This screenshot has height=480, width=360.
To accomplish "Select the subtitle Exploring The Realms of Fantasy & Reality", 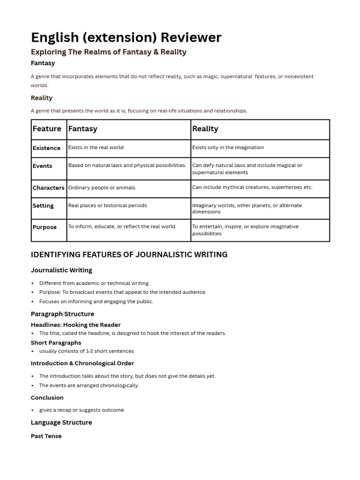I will pos(108,52).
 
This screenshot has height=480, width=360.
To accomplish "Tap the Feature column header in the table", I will pos(47,129).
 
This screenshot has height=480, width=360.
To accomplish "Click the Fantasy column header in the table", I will pos(83,129).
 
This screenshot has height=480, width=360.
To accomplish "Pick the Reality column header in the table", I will pos(205,129).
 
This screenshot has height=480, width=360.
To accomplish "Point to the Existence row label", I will pos(46,148).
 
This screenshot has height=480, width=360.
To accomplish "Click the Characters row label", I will pos(48,187).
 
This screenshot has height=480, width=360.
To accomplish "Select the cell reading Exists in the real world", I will pos(96,147).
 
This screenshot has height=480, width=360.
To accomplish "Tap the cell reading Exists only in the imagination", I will pos(228,147).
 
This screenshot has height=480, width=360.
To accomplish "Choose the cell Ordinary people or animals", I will pos(102,187).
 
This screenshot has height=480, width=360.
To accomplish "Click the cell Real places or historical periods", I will pos(108,205).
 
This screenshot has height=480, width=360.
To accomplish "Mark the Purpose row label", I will pos(45,227).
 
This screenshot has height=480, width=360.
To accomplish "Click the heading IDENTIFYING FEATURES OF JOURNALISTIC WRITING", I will pos(129,255).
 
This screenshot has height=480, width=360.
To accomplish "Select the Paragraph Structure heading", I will pos(62,314).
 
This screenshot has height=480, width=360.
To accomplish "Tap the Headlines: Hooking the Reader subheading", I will pos(75,325).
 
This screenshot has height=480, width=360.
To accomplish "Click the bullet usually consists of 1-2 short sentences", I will pos(86,351).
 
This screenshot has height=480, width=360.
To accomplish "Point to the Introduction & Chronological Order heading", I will pos(82,363).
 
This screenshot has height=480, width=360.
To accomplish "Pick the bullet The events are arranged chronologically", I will pos(89,385).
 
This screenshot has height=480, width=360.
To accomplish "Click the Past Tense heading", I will pos(46,436).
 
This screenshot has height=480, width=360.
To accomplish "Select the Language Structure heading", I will pos(61,422).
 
